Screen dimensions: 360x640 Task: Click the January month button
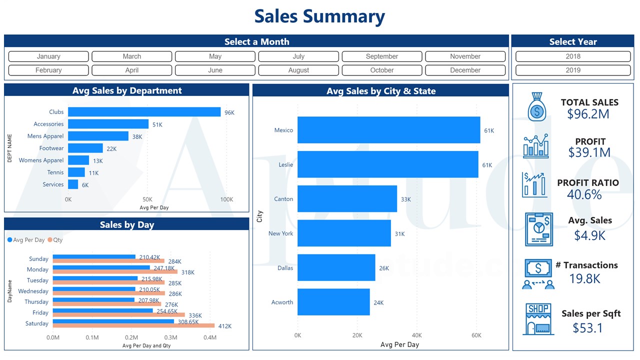tap(48, 56)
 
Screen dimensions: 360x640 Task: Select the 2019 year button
tap(573, 70)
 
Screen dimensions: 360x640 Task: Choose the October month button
tap(382, 70)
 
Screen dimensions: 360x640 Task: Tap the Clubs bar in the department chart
tap(144, 112)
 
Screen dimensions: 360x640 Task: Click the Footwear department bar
tap(85, 148)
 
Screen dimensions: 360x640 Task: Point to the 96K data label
tap(229, 112)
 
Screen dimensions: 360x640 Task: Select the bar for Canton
tap(347, 199)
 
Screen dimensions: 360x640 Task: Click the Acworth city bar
tap(333, 302)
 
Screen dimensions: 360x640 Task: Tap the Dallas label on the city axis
tap(285, 268)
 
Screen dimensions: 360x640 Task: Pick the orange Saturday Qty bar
tap(133, 326)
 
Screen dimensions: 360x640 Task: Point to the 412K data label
tap(224, 326)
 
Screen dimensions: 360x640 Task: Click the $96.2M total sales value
tap(588, 114)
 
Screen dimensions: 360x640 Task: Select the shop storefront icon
tap(538, 318)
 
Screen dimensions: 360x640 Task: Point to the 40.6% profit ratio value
tap(584, 194)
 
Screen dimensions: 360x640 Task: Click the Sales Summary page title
tap(319, 16)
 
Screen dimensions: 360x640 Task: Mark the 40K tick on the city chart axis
tap(416, 335)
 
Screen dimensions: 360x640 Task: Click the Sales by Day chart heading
tap(127, 224)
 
